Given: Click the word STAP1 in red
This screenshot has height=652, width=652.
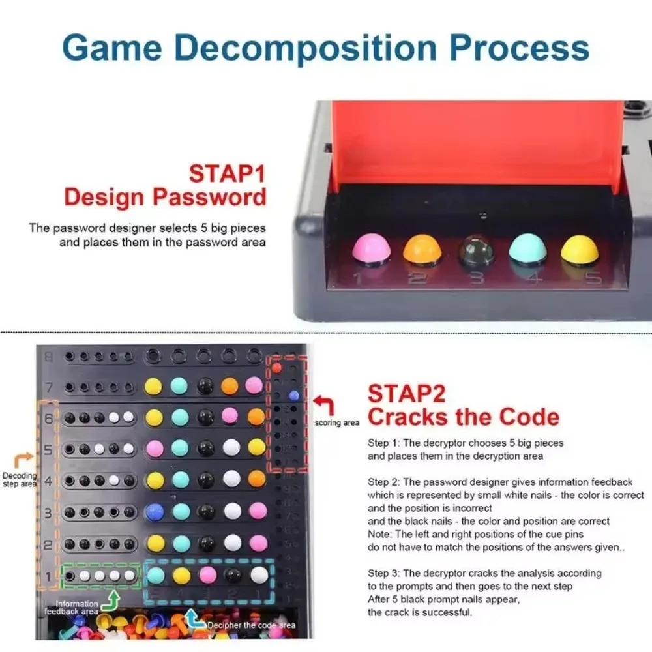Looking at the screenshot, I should [228, 174].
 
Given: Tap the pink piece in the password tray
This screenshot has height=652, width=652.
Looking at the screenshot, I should [370, 250].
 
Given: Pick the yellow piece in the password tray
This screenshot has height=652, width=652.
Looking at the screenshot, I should [580, 249].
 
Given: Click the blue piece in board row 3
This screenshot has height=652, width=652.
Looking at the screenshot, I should [155, 511].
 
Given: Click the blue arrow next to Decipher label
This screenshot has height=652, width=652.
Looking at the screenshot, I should [194, 616].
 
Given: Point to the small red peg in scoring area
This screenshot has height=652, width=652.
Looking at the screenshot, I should [276, 368].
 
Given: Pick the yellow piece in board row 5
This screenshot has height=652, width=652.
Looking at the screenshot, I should [257, 448].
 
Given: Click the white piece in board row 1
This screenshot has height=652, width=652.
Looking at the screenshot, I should [259, 575].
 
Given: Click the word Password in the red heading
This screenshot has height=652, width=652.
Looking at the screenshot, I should [211, 197].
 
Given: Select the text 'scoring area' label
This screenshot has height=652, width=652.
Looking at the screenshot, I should [336, 423].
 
